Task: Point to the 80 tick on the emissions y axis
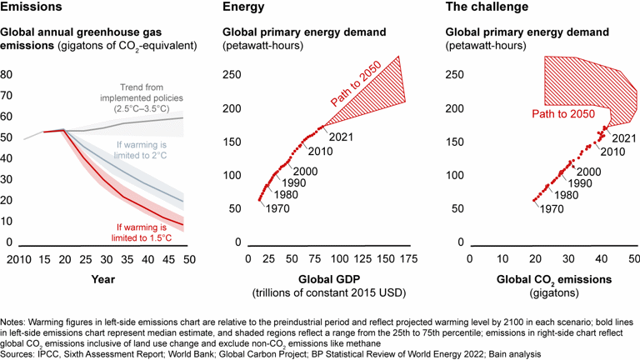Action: [x=7, y=73]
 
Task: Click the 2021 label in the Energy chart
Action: [x=337, y=137]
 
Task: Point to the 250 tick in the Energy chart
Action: [x=237, y=73]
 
